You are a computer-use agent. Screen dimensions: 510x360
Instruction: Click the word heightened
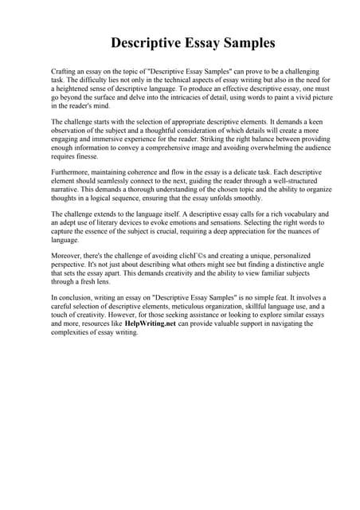pyautogui.click(x=84, y=88)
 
